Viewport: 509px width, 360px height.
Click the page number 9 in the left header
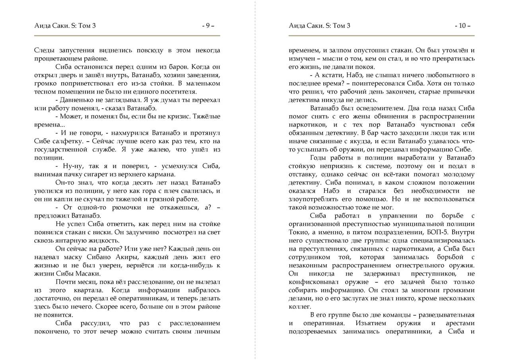(208, 26)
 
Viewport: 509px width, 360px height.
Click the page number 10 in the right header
(462, 26)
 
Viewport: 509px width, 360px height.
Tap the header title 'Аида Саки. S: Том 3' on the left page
(65, 26)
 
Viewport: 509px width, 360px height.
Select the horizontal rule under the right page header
(381, 36)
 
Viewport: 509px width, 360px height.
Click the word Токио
(298, 232)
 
